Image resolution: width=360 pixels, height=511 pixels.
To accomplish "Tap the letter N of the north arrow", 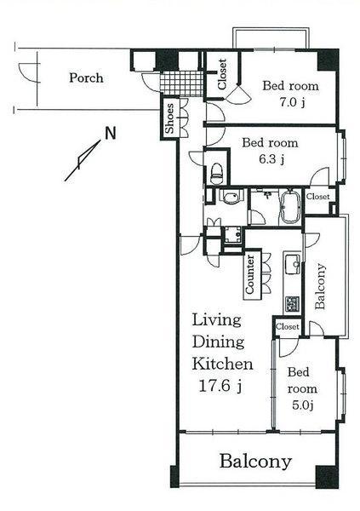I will coord(110,134).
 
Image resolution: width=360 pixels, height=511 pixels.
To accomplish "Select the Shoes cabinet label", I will coord(169,120).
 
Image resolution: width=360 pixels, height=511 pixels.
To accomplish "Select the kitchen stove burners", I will coord(291,303).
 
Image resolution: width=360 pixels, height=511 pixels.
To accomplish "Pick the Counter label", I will coord(252,275).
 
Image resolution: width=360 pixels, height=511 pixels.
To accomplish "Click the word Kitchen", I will coord(221,365).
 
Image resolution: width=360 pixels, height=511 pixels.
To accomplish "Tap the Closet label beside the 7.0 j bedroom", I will coord(222,74).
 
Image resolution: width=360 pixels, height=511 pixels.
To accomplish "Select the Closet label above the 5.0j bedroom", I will coord(287,325).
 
